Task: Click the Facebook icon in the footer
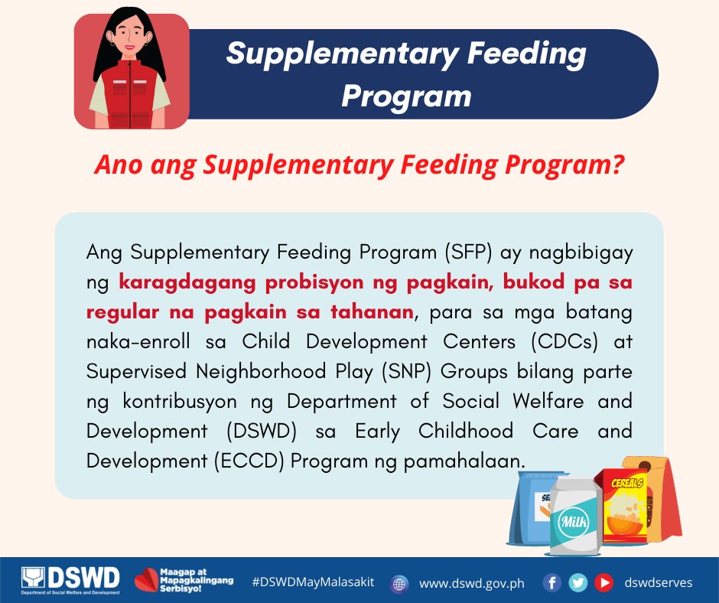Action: [552, 582]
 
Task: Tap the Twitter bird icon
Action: [578, 582]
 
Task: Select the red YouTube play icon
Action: [604, 582]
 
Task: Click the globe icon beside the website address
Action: [399, 583]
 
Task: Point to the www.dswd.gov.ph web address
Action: [472, 583]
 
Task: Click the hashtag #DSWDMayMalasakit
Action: [313, 582]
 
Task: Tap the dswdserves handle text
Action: [658, 582]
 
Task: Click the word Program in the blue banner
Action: [406, 96]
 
